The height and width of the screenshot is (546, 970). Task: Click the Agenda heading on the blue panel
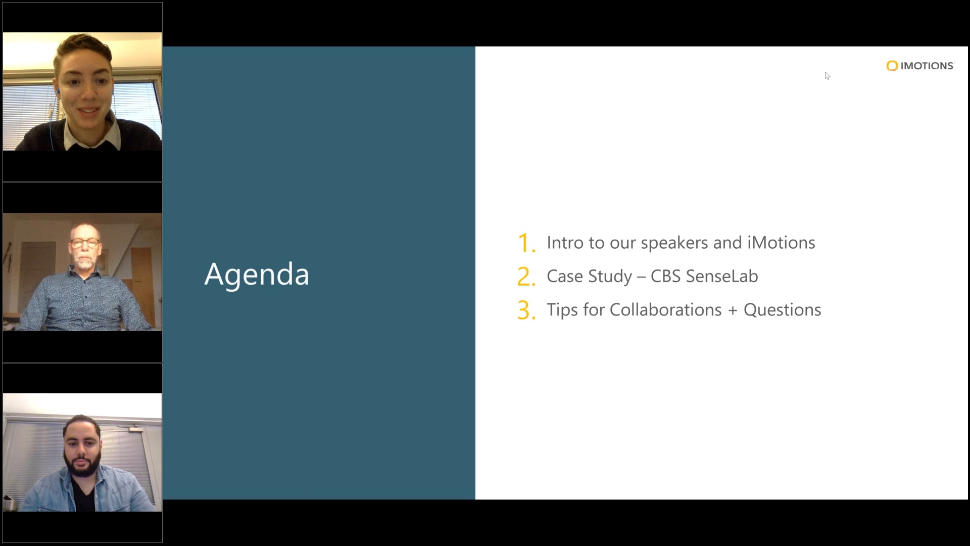click(257, 275)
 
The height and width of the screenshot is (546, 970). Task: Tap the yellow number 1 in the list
click(525, 243)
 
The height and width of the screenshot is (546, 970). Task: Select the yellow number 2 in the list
click(526, 277)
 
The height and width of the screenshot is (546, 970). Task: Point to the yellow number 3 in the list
click(526, 310)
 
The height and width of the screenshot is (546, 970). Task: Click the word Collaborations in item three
click(665, 309)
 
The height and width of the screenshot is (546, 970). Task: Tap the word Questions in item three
click(782, 309)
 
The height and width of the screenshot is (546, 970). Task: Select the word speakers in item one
click(674, 244)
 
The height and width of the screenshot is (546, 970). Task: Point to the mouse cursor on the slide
click(827, 76)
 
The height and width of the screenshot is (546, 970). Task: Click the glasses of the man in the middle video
click(84, 243)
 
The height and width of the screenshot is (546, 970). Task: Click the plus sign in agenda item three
click(733, 310)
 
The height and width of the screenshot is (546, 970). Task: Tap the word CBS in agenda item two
click(665, 276)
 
